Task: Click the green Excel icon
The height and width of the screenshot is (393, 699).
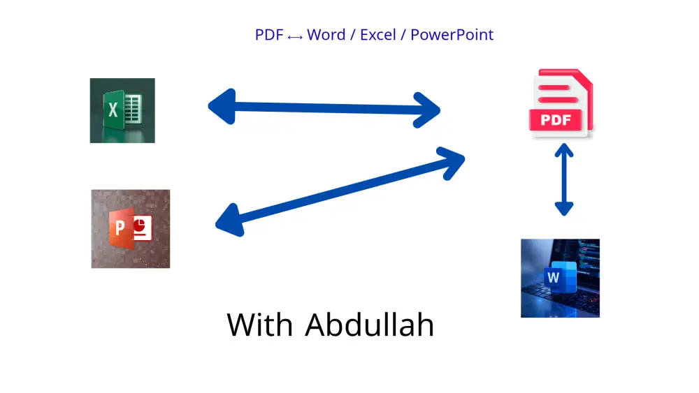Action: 122,110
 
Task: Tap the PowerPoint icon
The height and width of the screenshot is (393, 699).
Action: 131,228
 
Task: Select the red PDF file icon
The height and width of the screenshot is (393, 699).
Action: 561,103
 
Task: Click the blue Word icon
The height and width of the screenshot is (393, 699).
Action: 560,278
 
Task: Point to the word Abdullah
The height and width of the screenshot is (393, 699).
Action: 370,325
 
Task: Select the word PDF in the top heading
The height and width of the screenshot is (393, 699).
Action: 269,34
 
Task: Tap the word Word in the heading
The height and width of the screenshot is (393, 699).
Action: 326,34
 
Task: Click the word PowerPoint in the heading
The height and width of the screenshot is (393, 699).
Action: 452,34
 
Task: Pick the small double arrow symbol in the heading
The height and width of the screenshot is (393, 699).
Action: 295,36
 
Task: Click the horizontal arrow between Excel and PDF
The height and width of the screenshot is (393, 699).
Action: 324,107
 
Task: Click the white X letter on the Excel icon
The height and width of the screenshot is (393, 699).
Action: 113,110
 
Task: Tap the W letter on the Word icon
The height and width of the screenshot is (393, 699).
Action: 554,278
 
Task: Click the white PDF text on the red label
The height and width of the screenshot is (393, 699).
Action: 556,119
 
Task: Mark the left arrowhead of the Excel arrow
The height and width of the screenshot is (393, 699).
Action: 219,106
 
